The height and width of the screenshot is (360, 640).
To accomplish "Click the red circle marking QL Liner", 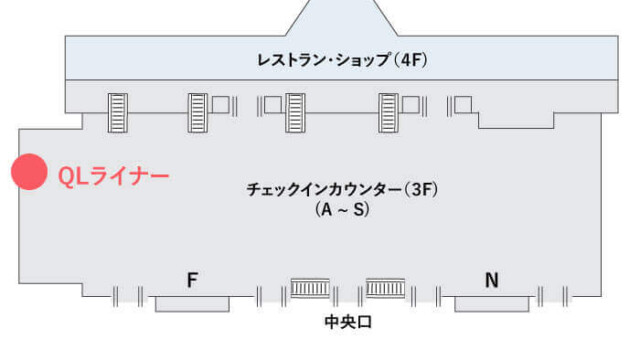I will coord(28,173).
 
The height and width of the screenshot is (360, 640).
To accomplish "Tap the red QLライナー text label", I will coord(113,176).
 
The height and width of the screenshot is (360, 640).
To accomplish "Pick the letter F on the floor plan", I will coord(193,281).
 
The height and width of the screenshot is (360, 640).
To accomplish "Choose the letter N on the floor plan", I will coord(491,281).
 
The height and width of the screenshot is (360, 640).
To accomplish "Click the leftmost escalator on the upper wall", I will coord(118,111).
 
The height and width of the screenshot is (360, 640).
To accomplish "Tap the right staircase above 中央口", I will coord(385,289).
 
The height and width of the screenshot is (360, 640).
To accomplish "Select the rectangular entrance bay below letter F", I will coord(191,303).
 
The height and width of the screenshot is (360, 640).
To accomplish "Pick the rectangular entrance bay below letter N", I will coord(489,303).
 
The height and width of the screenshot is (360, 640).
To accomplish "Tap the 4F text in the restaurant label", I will coord(411,60).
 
